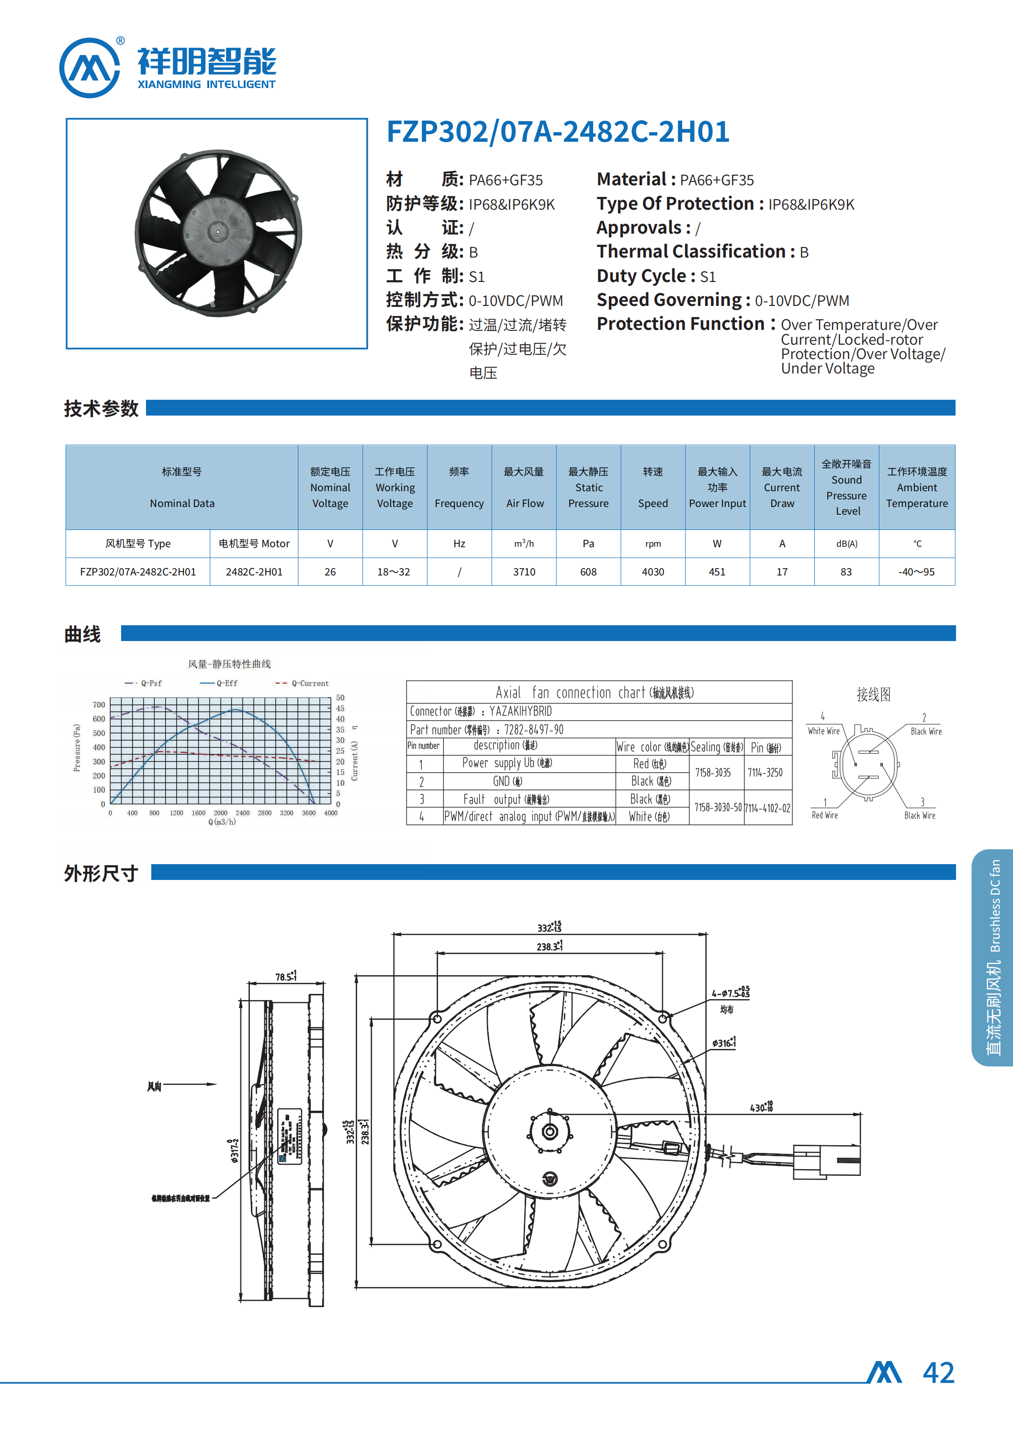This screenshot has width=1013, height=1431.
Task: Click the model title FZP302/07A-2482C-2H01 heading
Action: [558, 132]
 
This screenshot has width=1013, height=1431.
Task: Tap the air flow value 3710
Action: [524, 572]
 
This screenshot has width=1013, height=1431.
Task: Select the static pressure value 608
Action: [588, 572]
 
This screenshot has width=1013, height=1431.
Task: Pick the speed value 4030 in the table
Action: [653, 572]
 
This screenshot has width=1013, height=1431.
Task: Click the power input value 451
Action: [717, 572]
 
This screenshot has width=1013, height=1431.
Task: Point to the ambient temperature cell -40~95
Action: [916, 572]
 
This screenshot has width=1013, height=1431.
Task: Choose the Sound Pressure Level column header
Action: [846, 488]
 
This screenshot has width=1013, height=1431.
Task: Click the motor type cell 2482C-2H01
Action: [254, 572]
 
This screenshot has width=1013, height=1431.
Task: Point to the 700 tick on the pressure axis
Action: [99, 705]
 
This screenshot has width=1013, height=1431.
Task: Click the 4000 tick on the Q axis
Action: [331, 813]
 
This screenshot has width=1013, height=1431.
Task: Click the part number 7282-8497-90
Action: [533, 730]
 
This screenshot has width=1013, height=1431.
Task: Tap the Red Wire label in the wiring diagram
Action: [825, 815]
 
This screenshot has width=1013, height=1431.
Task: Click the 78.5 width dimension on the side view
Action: [286, 977]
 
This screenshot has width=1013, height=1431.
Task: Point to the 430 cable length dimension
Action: [761, 1108]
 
